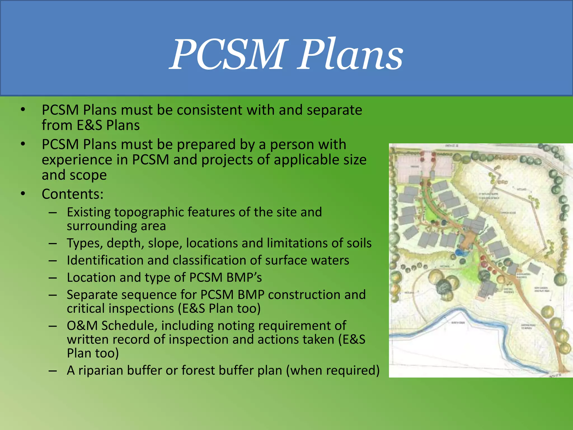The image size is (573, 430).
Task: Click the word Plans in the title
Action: pyautogui.click(x=350, y=55)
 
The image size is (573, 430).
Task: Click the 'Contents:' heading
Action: pyautogui.click(x=72, y=194)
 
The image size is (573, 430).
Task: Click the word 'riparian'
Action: pyautogui.click(x=100, y=370)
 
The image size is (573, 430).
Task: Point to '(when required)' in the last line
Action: pyautogui.click(x=333, y=370)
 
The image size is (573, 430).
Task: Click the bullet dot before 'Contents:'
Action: pyautogui.click(x=23, y=194)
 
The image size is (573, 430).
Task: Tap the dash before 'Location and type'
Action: pyautogui.click(x=53, y=277)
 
